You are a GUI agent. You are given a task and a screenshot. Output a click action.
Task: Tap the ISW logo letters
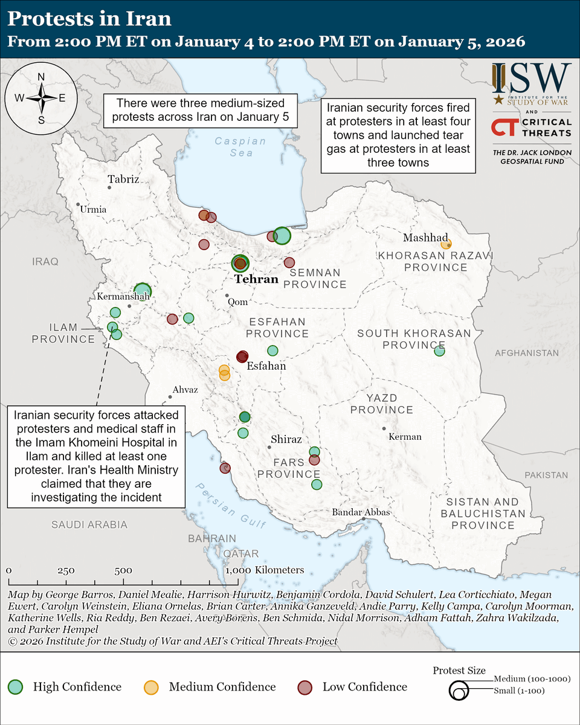531,78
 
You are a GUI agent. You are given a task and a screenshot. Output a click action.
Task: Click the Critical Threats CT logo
504,127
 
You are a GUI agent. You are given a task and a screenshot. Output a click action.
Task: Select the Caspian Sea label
240,147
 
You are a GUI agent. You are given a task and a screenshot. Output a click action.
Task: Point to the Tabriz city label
123,179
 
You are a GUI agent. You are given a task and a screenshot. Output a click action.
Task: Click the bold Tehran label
256,279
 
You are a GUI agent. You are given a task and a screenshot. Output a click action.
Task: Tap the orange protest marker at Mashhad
446,244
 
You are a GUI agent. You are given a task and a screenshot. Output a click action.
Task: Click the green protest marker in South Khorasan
439,350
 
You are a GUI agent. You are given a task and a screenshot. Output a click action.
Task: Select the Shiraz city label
286,439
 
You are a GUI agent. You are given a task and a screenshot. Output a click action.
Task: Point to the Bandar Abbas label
361,512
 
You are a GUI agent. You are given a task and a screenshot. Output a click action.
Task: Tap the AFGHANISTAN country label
526,353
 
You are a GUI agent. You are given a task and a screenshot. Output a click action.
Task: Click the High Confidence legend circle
16,686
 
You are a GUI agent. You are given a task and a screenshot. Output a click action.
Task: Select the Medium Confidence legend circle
151,686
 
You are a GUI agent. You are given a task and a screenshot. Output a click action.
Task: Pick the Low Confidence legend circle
306,686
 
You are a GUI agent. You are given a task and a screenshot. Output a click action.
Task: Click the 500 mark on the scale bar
123,570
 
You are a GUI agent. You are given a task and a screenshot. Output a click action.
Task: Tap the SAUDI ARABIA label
89,524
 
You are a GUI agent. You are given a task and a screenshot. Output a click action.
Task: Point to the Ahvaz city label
185,390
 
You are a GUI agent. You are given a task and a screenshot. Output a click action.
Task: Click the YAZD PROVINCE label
390,404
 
